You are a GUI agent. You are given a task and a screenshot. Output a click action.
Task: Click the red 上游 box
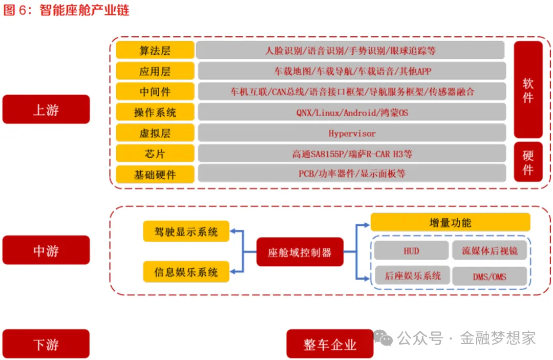[x=46, y=109]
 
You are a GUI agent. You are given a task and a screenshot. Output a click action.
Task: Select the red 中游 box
[x=46, y=250]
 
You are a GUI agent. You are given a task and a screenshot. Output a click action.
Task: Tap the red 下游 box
[x=46, y=344]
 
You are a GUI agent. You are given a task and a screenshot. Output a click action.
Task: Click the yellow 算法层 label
[x=155, y=50]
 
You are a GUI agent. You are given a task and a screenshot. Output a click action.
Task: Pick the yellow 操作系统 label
[x=155, y=112]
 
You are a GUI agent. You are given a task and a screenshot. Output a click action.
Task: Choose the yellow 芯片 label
[x=155, y=153]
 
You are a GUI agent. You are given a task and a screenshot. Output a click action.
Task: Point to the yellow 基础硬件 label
[x=155, y=174]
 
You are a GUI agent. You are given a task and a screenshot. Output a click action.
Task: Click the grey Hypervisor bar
[x=352, y=133]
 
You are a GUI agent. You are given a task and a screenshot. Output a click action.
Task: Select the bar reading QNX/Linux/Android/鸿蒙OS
[x=352, y=112]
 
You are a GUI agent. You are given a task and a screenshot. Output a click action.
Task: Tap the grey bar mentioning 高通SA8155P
[x=352, y=153]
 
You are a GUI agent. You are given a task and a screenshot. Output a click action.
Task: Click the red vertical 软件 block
[x=528, y=90]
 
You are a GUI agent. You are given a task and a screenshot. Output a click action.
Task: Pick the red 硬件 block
[x=528, y=162]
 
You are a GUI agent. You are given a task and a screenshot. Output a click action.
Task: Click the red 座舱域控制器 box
[x=300, y=252]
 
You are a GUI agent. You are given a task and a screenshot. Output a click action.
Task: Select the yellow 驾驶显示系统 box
[x=186, y=231]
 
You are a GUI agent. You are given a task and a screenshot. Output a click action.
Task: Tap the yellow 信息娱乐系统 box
[x=186, y=271]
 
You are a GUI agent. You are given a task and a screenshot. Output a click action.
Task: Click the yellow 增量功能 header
[x=450, y=222]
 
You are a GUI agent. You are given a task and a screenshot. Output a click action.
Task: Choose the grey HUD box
[x=411, y=250]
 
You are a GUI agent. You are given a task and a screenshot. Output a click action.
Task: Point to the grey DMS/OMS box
[x=489, y=277]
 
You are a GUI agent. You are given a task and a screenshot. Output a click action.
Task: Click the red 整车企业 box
[x=330, y=344]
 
